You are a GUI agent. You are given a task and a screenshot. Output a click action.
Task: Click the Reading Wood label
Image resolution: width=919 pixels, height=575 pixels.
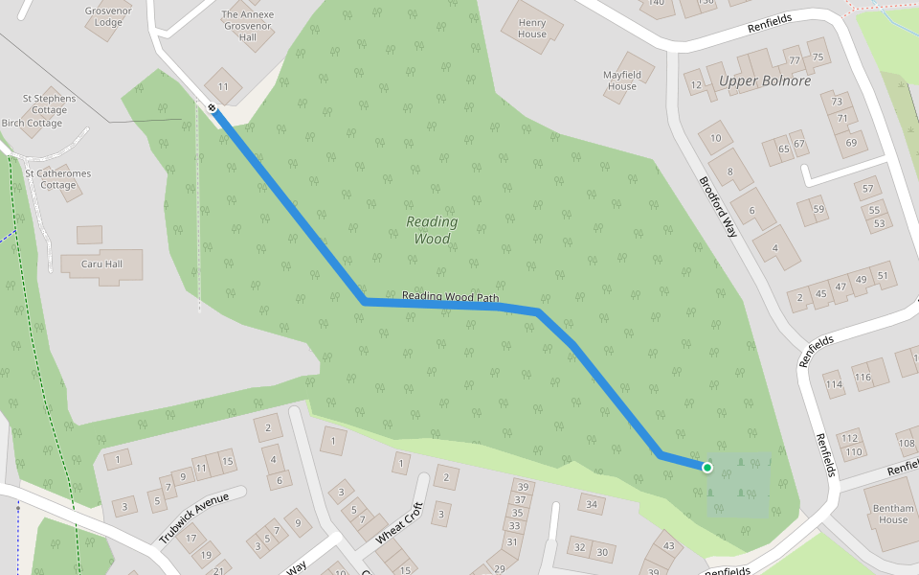coord(432,230)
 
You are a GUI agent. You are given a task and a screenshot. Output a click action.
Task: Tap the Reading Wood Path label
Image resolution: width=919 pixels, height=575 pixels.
coord(450,296)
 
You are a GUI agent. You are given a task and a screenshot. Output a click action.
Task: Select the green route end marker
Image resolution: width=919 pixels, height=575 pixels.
coord(706,468)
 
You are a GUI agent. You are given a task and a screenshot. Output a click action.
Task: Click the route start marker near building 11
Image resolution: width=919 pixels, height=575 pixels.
coord(213,108)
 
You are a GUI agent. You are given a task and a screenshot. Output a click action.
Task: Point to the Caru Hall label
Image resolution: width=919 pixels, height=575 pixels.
coord(101,262)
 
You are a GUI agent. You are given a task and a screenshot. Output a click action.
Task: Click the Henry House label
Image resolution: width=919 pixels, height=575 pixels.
coord(532,28)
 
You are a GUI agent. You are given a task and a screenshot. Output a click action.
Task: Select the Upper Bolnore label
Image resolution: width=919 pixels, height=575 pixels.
coord(765,80)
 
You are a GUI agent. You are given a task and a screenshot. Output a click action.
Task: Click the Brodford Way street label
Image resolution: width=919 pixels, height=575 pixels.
coord(718,207)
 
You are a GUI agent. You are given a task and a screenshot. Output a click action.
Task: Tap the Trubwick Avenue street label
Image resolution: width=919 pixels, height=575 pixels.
coord(195,517)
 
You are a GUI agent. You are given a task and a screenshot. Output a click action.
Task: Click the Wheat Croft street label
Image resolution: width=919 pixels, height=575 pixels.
coord(399,522)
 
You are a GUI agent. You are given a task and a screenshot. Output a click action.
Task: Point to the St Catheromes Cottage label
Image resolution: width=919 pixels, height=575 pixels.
coord(58,179)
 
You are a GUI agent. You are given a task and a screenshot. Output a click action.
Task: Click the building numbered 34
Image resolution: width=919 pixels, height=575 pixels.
coord(593,504)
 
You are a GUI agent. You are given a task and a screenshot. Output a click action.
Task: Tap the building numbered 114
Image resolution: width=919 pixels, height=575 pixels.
coord(833,385)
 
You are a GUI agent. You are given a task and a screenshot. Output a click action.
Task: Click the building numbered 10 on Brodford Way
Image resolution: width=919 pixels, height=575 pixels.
coord(715,138)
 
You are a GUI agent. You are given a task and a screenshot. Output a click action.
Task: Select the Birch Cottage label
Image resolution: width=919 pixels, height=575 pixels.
coord(32,123)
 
